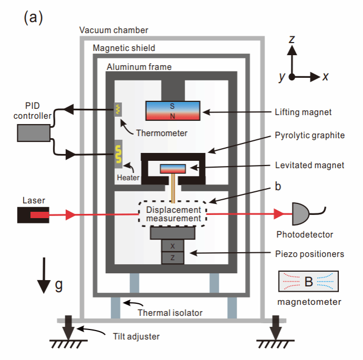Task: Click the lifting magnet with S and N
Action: click(x=172, y=110)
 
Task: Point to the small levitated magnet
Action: click(x=173, y=169)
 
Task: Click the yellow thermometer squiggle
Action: click(x=118, y=109)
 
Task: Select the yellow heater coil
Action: click(x=118, y=154)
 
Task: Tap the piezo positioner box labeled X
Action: click(x=173, y=245)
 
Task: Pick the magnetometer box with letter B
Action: click(x=308, y=282)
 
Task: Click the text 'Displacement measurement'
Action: click(x=173, y=214)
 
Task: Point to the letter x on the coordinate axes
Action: click(x=326, y=77)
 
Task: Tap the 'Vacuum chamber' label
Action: click(x=114, y=30)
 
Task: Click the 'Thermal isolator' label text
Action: click(x=170, y=313)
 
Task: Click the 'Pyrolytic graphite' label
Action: click(x=309, y=135)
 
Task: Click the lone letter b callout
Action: click(x=277, y=187)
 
